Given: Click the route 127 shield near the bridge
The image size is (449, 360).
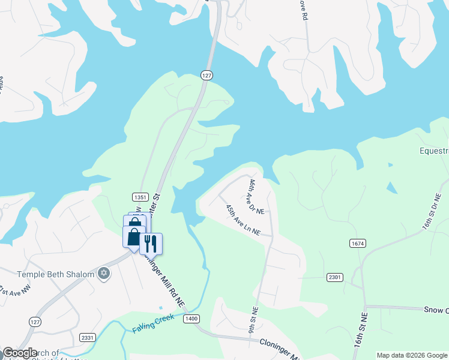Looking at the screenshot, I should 206,75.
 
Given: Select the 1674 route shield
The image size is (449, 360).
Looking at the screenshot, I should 357,243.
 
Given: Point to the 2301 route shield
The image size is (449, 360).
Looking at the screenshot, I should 336,277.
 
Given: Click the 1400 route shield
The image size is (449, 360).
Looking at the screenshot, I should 192,318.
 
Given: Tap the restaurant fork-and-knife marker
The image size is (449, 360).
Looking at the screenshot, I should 151,243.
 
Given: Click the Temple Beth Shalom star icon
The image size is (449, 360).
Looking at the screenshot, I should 104,274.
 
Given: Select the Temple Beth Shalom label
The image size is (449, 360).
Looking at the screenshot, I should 55,274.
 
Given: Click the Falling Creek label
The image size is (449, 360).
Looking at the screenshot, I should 153,323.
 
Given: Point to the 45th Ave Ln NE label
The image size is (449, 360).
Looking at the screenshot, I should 243,220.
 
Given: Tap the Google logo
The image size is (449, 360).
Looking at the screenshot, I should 20,353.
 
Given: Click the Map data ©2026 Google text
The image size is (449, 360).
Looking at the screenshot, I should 412,355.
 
